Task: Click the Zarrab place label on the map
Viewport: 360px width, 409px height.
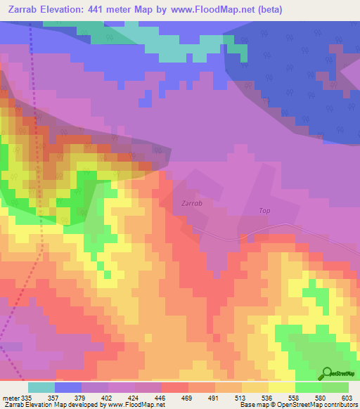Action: pyautogui.click(x=192, y=203)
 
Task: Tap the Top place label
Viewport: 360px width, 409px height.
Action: pyautogui.click(x=264, y=210)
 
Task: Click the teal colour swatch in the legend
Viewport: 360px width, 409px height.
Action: pyautogui.click(x=41, y=387)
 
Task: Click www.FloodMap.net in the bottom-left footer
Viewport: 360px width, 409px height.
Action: pyautogui.click(x=134, y=405)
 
